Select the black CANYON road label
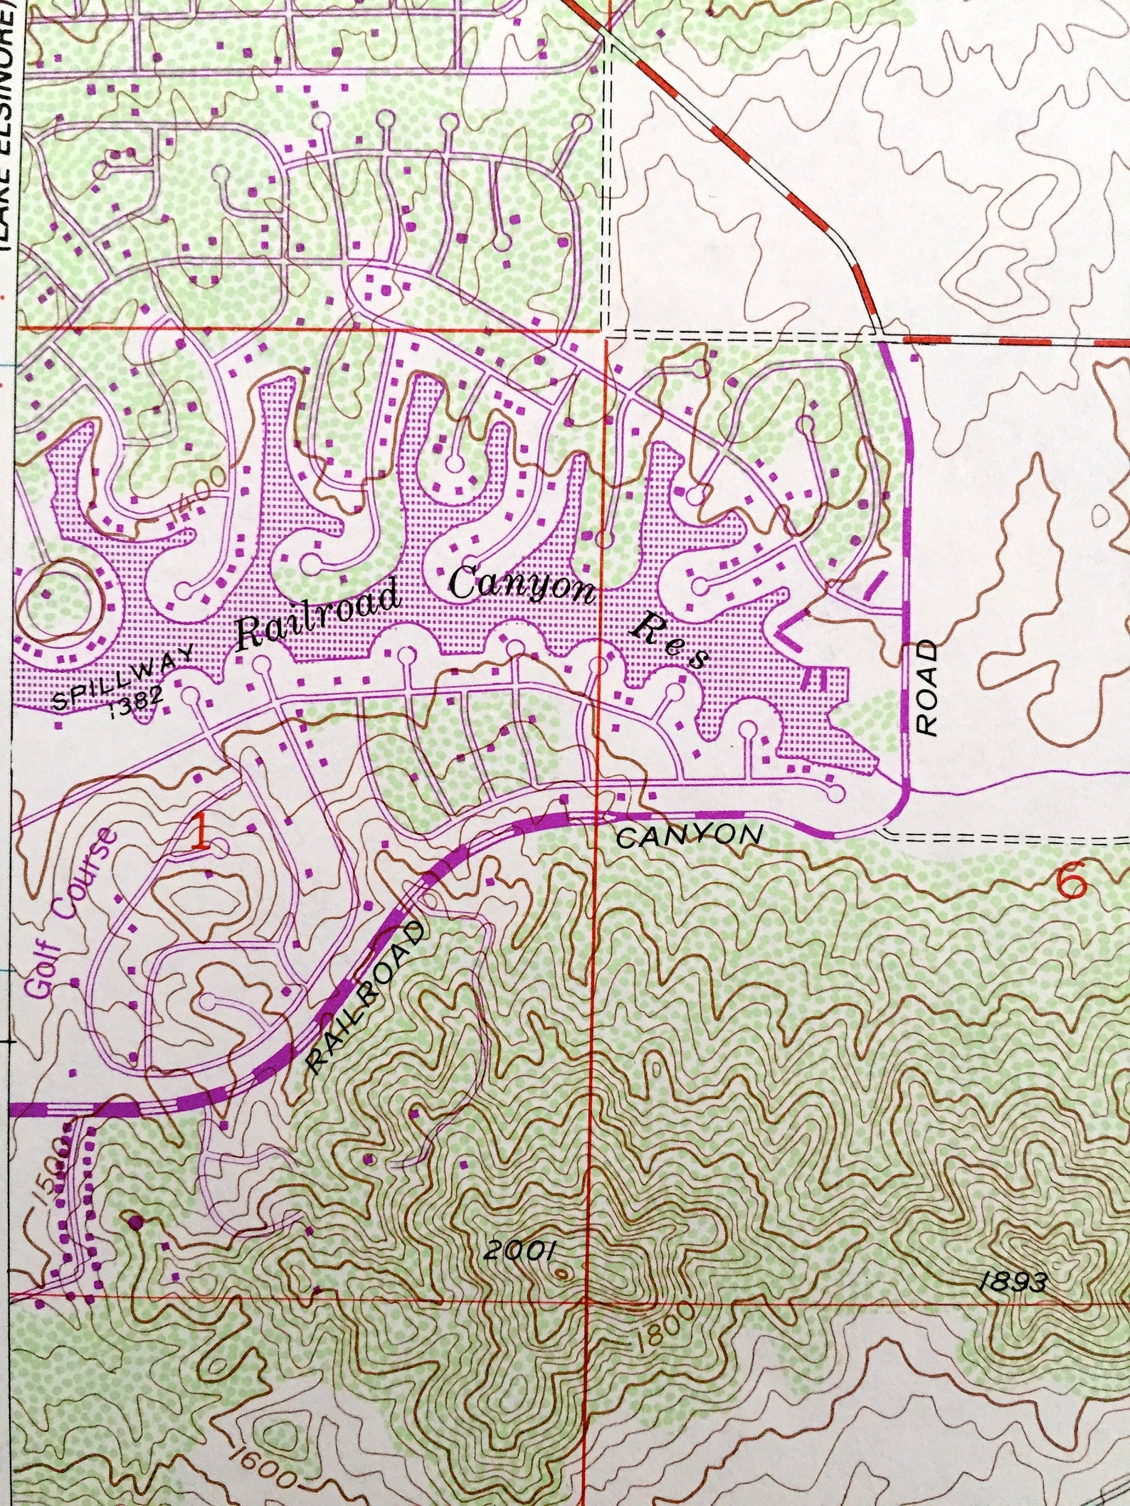point(689,836)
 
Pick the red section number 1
point(201,833)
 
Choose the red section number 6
point(1072,883)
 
